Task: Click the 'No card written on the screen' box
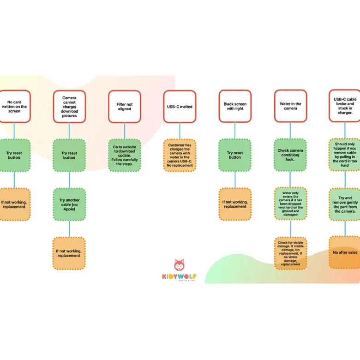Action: click(15, 106)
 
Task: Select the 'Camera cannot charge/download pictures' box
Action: click(69, 107)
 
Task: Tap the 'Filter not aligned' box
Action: click(125, 107)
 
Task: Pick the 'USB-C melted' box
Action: click(180, 107)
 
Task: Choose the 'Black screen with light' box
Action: click(235, 106)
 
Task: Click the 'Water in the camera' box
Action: click(290, 106)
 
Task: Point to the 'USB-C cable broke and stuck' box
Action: click(345, 106)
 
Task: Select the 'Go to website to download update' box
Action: click(125, 155)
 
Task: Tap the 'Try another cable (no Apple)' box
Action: click(69, 204)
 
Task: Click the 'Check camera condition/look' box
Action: click(290, 155)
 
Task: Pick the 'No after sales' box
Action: click(345, 252)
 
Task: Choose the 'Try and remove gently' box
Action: click(345, 204)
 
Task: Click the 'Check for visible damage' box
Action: click(290, 253)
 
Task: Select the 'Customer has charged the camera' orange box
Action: click(180, 155)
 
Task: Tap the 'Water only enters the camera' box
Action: click(290, 204)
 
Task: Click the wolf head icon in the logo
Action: click(179, 265)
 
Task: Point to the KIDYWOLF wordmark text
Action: click(180, 276)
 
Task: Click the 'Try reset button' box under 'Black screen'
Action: click(235, 155)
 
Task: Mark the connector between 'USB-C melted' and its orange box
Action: click(180, 131)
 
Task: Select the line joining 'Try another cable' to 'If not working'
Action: click(69, 229)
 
